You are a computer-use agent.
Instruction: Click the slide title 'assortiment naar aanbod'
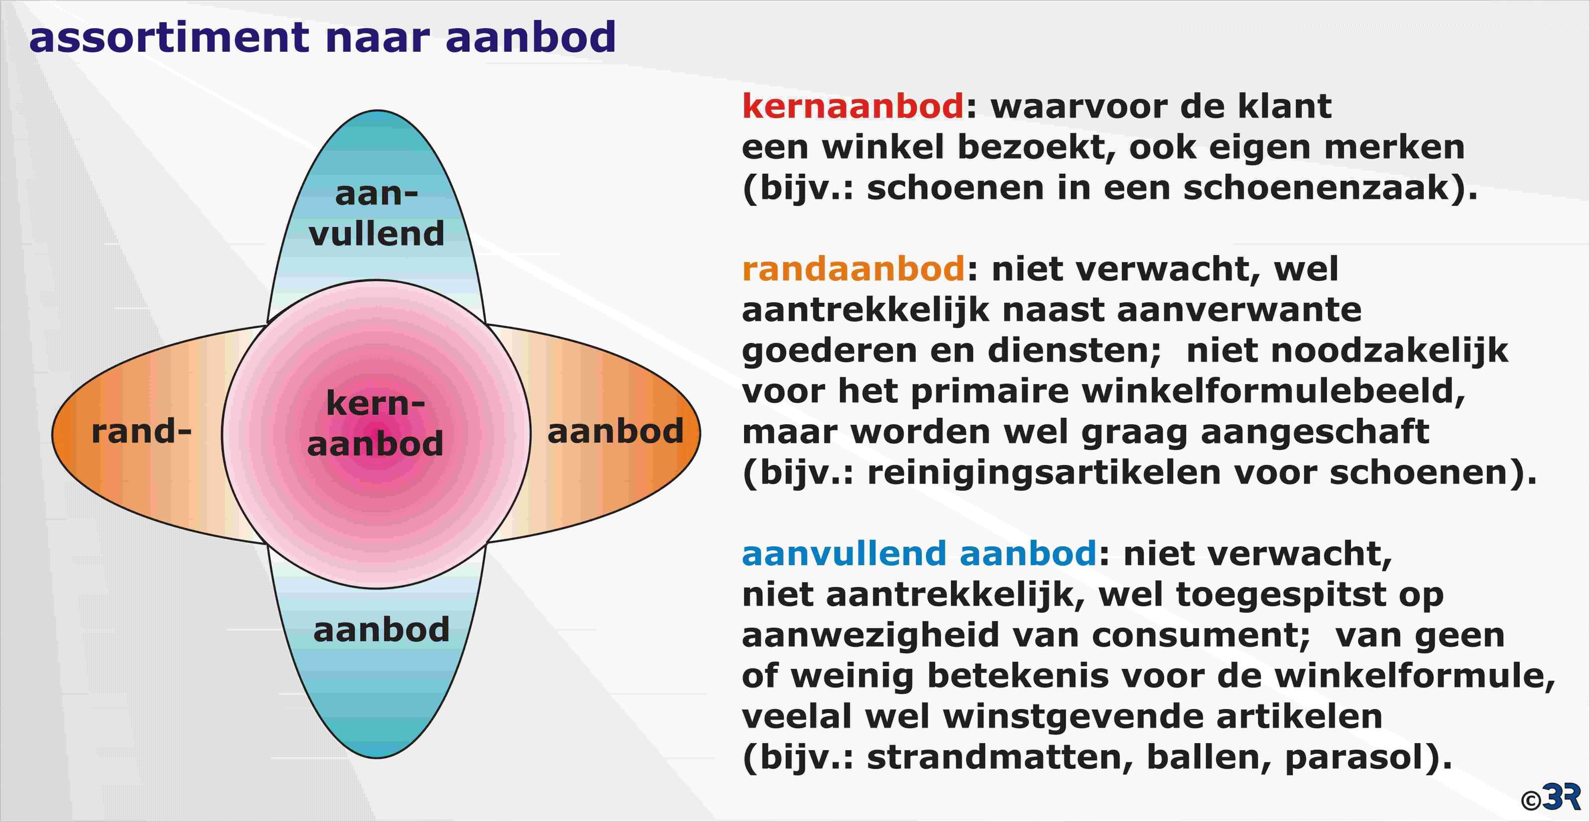pos(322,37)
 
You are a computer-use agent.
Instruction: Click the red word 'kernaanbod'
pos(853,105)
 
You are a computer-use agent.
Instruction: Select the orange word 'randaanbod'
pos(853,269)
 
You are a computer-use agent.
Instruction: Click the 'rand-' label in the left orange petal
pos(142,431)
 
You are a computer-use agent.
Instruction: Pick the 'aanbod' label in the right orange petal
pos(616,431)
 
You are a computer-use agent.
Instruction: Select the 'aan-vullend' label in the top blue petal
pos(377,213)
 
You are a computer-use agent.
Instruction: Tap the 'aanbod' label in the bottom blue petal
pos(382,630)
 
